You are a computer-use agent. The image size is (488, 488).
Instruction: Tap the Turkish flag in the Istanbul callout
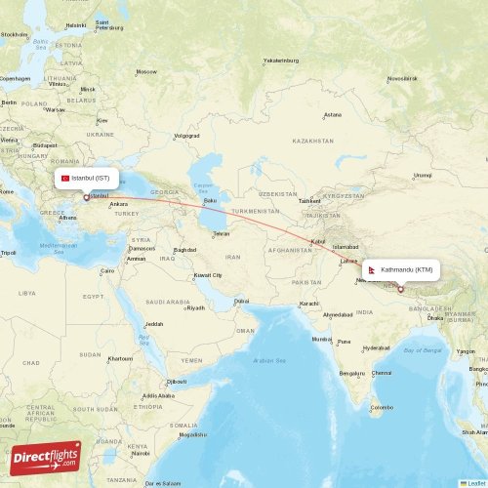click(x=65, y=179)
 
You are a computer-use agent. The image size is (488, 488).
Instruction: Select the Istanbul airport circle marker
click(x=86, y=197)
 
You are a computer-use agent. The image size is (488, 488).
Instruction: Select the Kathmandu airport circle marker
click(x=400, y=288)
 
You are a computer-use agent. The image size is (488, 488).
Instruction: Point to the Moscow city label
click(x=146, y=72)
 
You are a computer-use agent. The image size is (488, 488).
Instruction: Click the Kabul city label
click(x=317, y=242)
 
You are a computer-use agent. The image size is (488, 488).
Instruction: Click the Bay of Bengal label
click(x=423, y=349)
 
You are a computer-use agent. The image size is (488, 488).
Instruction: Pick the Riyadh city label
click(x=195, y=307)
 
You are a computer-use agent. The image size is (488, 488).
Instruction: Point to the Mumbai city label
click(x=321, y=339)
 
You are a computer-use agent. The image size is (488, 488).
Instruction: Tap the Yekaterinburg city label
click(x=279, y=61)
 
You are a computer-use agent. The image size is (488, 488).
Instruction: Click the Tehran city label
click(x=222, y=234)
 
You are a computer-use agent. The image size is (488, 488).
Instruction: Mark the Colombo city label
click(x=381, y=407)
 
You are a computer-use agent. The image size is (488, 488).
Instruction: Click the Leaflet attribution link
click(x=475, y=483)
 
